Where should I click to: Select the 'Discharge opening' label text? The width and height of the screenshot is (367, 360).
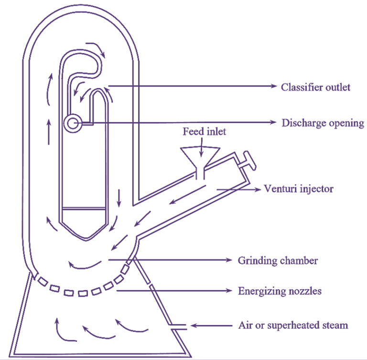pyautogui.click(x=323, y=123)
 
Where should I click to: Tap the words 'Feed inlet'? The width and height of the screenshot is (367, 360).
pyautogui.click(x=204, y=131)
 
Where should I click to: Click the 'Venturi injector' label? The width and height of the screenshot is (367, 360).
pyautogui.click(x=299, y=188)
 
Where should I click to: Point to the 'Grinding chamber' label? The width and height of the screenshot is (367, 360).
pyautogui.click(x=278, y=261)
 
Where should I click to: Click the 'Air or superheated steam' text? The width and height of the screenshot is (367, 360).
pyautogui.click(x=293, y=326)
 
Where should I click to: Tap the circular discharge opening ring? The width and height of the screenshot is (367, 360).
pyautogui.click(x=72, y=123)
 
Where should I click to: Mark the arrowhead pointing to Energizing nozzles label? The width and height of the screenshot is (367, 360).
pyautogui.click(x=231, y=291)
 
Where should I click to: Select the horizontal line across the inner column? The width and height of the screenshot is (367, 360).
pyautogui.click(x=84, y=208)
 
